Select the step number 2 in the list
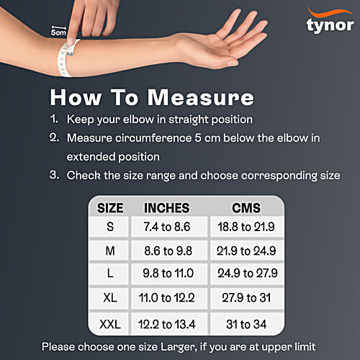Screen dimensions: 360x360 53,137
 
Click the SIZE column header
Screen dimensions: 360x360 109,208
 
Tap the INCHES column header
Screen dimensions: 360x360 167,208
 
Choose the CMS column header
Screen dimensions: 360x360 246,208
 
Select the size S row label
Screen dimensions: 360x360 109,228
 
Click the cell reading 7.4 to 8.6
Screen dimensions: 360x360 167,228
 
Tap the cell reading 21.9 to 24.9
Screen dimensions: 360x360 246,251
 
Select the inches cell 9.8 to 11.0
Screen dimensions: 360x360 167,274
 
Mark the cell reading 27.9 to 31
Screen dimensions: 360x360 246,297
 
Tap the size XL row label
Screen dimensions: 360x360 109,297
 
